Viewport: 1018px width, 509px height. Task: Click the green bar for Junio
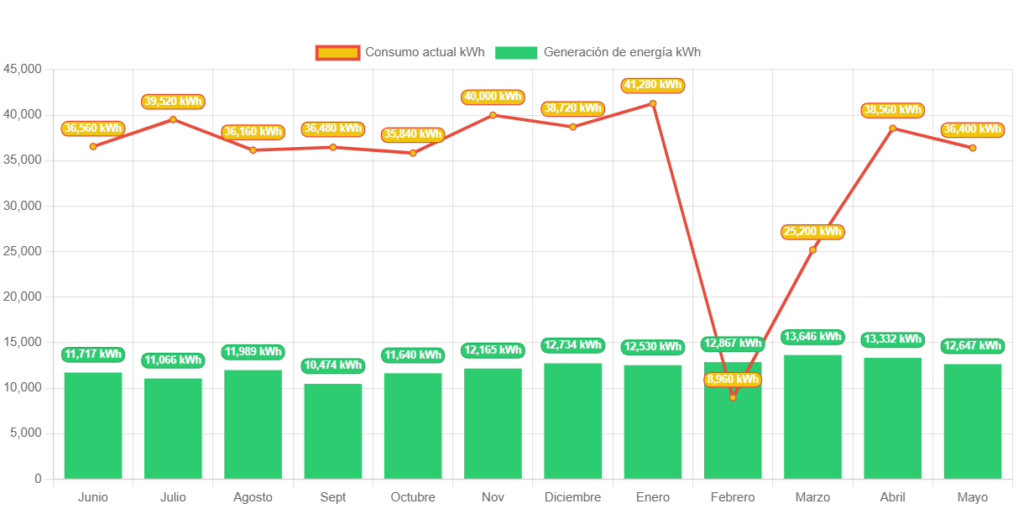pos(93,425)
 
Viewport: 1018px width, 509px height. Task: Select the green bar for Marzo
pos(812,417)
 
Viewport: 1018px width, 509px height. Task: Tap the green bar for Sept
pos(333,431)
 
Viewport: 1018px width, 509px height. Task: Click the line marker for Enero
pos(653,103)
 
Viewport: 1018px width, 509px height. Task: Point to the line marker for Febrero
pos(733,397)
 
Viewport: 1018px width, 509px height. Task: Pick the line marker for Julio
pos(173,119)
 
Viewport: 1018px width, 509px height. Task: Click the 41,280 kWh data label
pos(653,85)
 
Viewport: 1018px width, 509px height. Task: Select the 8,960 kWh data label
pos(733,380)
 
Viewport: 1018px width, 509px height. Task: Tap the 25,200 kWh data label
pos(812,232)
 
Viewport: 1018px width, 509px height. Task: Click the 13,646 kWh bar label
pos(812,337)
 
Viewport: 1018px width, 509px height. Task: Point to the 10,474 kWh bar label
pos(333,365)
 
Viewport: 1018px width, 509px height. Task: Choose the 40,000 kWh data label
pos(493,97)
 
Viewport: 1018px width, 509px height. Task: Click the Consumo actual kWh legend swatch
pos(337,53)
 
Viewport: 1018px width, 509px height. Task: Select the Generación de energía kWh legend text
pos(622,52)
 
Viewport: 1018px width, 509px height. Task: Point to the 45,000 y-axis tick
pos(23,68)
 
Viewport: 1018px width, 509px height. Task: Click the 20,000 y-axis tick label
pos(23,296)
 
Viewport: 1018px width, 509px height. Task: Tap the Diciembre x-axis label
pos(572,497)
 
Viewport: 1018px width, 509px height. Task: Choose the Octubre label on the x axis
pos(413,497)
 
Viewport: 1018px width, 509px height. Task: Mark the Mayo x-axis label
pos(973,497)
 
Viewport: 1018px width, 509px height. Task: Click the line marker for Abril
pos(893,129)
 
